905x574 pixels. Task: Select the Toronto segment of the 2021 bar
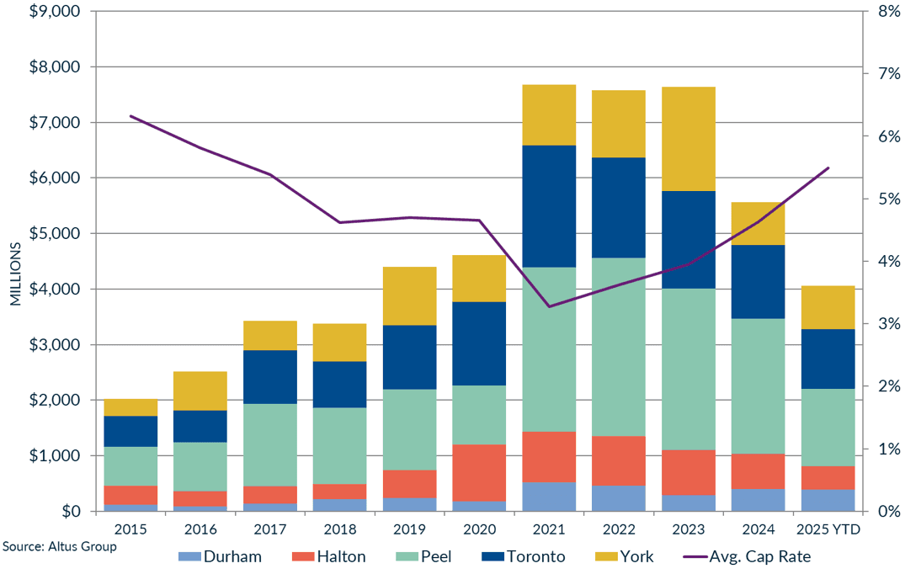[x=549, y=206]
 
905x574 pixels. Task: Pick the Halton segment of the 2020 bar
[x=479, y=472]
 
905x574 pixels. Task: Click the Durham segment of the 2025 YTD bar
[x=828, y=500]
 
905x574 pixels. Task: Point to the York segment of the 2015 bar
[x=130, y=407]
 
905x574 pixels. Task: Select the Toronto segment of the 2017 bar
[x=270, y=377]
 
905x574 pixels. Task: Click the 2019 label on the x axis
[x=409, y=529]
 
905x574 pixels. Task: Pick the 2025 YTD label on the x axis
[x=828, y=529]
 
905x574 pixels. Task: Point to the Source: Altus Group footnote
[x=58, y=546]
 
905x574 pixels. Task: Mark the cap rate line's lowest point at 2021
[x=549, y=306]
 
